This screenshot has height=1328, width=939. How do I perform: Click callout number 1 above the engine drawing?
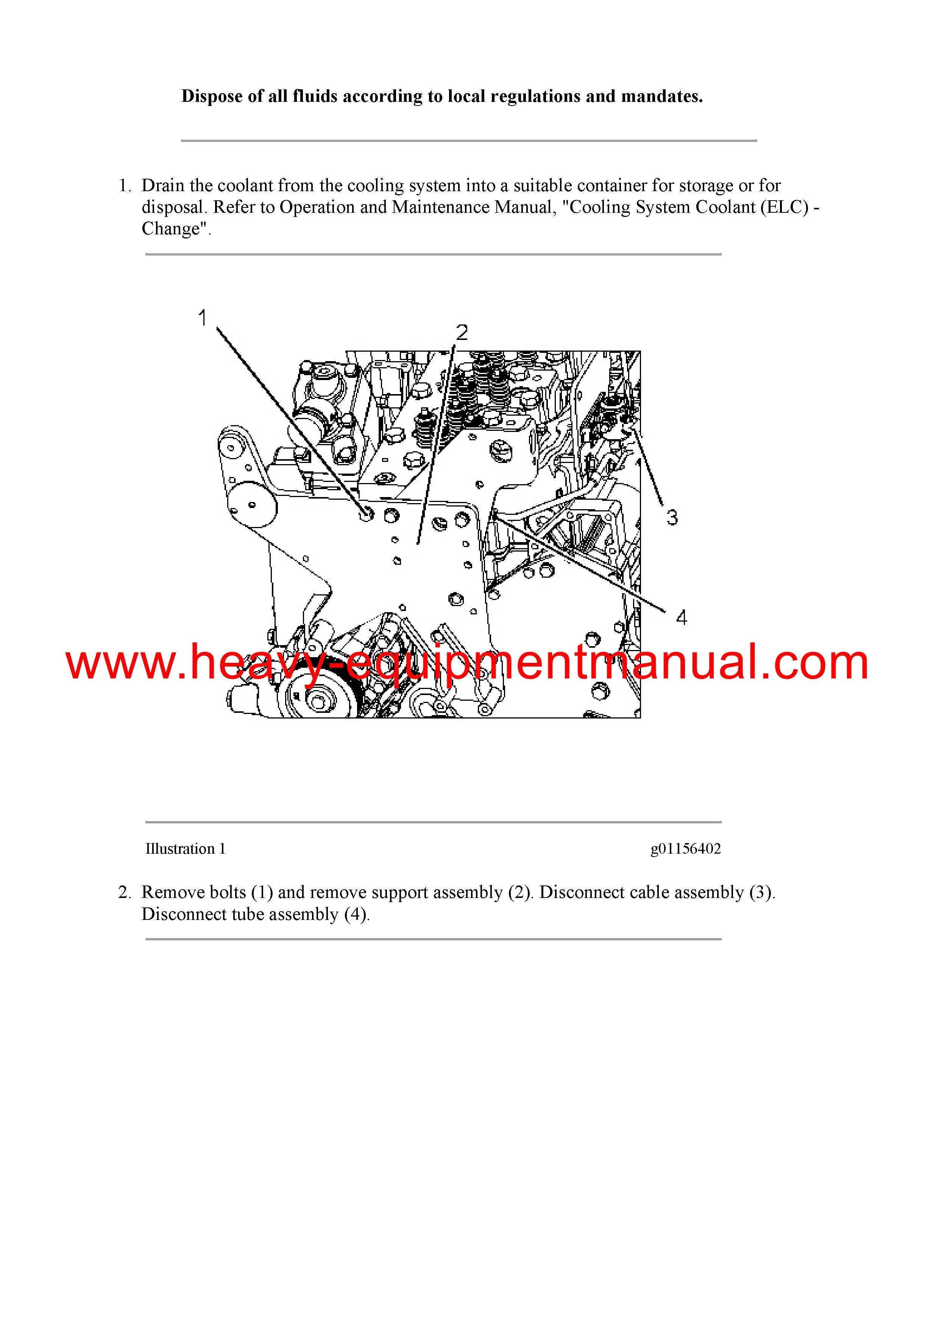click(203, 318)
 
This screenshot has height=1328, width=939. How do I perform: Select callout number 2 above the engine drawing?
click(462, 333)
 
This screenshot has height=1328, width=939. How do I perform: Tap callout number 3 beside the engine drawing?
click(672, 517)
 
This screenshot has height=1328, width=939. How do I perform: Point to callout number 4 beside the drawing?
click(682, 618)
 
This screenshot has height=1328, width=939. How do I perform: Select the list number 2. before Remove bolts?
click(125, 893)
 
